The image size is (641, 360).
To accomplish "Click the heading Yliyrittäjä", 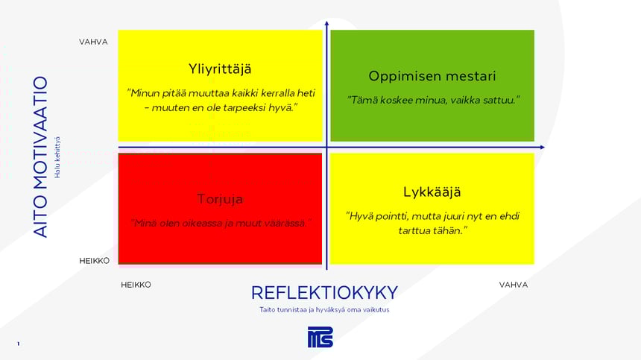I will (220, 69).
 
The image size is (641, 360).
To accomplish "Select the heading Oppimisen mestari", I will (432, 76).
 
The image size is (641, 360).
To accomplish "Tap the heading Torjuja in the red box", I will (220, 199).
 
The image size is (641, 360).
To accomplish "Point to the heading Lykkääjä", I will (432, 192).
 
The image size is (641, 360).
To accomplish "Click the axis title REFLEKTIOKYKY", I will (324, 292).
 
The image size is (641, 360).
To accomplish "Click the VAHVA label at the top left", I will (94, 42).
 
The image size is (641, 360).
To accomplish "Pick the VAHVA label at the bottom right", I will (514, 285).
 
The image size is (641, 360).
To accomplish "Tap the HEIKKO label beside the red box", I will (95, 261).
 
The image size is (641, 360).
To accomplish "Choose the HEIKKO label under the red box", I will (136, 285).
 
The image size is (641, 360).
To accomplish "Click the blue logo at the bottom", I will (320, 337).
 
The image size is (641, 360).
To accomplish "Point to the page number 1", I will (18, 344).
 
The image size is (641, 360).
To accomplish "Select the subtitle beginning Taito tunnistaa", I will (324, 309).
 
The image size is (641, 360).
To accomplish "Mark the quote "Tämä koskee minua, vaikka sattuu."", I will (432, 100).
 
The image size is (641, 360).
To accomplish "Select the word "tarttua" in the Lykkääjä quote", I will (414, 231).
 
